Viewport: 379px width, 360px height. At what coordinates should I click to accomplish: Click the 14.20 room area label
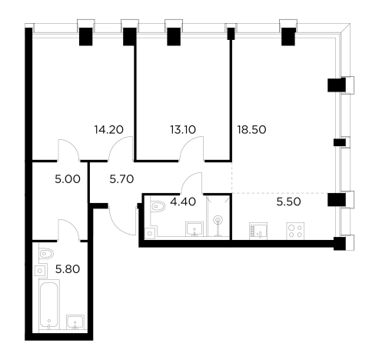(x=108, y=130)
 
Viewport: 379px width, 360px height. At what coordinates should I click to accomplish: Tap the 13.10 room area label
(x=183, y=130)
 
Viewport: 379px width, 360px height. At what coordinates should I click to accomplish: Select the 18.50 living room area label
(x=251, y=130)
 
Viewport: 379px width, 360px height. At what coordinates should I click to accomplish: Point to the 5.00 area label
(x=68, y=179)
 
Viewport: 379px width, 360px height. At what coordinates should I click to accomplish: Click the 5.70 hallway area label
(x=121, y=179)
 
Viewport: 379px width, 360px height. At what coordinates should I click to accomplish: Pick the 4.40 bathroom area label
(x=183, y=202)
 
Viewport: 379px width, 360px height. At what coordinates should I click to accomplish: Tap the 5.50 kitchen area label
(x=288, y=202)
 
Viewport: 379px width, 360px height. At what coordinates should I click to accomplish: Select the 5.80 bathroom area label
(x=68, y=269)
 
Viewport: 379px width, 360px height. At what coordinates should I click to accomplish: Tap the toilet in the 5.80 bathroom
(x=45, y=254)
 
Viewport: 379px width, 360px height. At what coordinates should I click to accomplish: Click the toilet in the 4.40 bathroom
(x=157, y=206)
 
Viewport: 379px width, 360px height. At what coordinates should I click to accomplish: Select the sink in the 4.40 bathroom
(x=194, y=229)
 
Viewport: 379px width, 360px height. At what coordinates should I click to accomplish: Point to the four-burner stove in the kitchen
(x=295, y=231)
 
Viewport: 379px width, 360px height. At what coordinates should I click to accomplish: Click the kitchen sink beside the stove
(x=258, y=231)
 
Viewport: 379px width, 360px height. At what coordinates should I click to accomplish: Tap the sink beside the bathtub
(x=75, y=322)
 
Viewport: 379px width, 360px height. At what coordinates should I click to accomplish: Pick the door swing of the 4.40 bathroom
(x=189, y=179)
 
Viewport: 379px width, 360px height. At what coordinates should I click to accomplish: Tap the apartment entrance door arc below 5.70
(x=117, y=225)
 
